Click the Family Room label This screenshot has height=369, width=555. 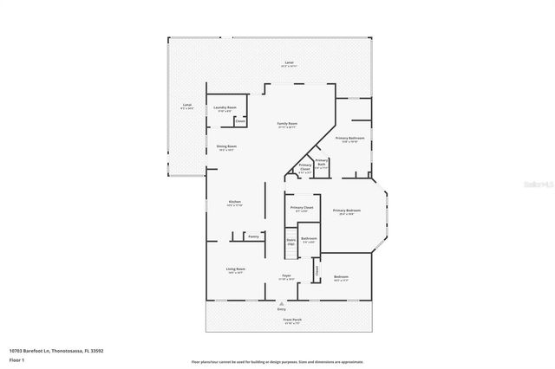click(286, 126)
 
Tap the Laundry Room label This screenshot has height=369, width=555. click(225, 108)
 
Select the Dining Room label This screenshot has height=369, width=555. click(226, 147)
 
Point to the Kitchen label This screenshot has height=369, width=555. click(234, 203)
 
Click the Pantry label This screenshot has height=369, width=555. click(253, 235)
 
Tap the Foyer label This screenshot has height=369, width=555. click(285, 276)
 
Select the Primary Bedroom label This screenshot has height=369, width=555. click(347, 210)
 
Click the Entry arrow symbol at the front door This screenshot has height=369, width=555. click(281, 304)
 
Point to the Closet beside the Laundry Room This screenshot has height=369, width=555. click(239, 121)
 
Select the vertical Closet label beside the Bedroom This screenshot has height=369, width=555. click(317, 271)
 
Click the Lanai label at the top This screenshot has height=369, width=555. click(289, 63)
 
